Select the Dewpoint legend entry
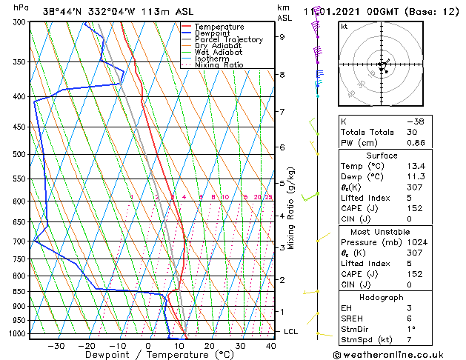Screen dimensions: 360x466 (x=213, y=33)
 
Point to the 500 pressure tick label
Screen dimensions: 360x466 (x=19, y=155)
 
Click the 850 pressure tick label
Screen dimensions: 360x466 (x=19, y=292)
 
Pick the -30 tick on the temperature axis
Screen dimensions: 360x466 (x=56, y=346)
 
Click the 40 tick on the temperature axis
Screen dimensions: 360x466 (x=270, y=346)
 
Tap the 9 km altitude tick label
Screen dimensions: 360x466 (x=282, y=36)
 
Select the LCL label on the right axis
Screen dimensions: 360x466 (x=291, y=332)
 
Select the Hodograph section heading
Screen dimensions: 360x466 (x=381, y=297)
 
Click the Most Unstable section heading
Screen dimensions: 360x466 (x=381, y=232)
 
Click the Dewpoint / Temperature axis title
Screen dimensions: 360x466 (x=150, y=355)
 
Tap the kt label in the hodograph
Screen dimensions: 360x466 (x=344, y=26)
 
